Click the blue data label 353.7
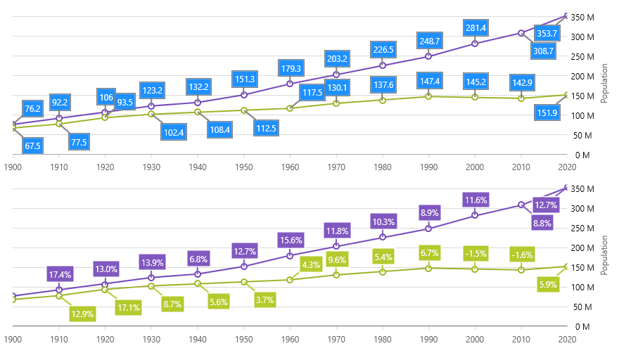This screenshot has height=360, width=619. pyautogui.click(x=547, y=33)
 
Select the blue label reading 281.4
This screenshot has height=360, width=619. pyautogui.click(x=475, y=28)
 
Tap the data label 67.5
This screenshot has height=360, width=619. pyautogui.click(x=32, y=146)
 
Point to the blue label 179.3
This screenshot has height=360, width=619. pyautogui.click(x=291, y=68)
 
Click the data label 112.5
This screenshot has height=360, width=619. pyautogui.click(x=265, y=128)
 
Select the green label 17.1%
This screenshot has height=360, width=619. pyautogui.click(x=129, y=307)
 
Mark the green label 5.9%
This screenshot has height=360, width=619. pyautogui.click(x=547, y=285)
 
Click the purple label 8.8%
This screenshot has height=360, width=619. pyautogui.click(x=542, y=223)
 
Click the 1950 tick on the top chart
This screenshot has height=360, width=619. pyautogui.click(x=243, y=167)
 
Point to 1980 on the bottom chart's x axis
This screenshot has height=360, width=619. pyautogui.click(x=382, y=338)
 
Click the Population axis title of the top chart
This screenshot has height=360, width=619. pyautogui.click(x=605, y=84)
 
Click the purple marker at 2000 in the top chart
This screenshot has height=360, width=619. pyautogui.click(x=475, y=44)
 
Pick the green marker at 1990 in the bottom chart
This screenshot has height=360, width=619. pyautogui.click(x=428, y=268)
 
